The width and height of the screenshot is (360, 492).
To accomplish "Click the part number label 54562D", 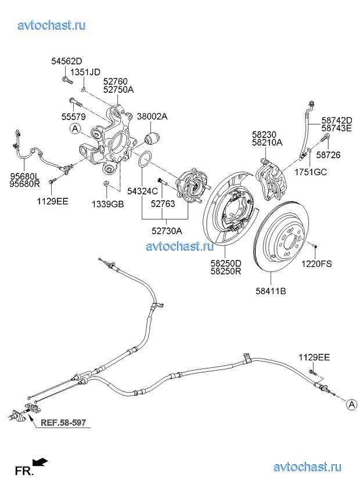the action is (67, 61).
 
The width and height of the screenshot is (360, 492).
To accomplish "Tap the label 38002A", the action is (152, 117).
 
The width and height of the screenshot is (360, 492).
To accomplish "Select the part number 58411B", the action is (271, 291).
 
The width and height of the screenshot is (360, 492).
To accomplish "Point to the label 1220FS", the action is (316, 264).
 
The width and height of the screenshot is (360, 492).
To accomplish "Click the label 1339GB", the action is (108, 204).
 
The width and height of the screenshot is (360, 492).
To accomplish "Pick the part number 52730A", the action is (167, 231).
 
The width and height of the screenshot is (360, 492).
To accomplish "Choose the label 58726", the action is (328, 155).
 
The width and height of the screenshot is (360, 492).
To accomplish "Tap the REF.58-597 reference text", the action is (63, 422).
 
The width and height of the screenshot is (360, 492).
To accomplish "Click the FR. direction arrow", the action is (40, 462).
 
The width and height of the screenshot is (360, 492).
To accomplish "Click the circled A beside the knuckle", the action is (75, 129).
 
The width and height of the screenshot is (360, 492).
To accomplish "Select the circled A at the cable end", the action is (351, 404).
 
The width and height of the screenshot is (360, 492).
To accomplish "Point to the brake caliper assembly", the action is (271, 179).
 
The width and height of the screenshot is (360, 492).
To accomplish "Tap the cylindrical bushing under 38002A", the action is (152, 138).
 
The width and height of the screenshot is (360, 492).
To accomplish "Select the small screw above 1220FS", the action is (315, 245).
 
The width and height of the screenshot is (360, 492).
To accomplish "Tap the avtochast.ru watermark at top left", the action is (52, 25).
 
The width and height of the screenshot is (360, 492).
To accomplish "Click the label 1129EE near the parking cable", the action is (314, 357).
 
